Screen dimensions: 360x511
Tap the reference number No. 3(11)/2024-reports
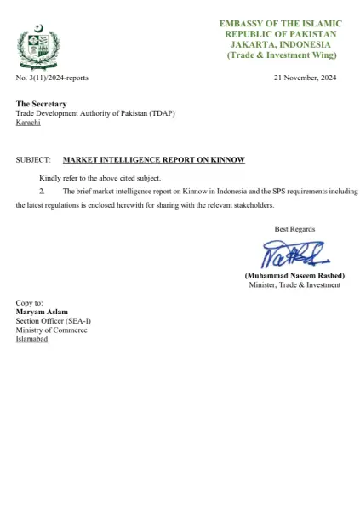tap(52, 78)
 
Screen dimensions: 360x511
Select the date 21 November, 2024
tap(306, 78)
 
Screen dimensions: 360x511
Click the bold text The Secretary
tap(41, 104)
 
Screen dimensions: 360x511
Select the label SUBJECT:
tap(33, 159)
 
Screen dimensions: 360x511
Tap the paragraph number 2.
tap(42, 192)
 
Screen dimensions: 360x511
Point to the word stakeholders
tap(253, 206)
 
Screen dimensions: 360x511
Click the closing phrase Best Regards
tap(294, 229)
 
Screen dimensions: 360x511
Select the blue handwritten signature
tap(291, 253)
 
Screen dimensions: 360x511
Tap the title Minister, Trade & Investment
tap(294, 285)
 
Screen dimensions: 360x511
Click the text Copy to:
tap(30, 303)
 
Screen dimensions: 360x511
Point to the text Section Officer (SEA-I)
tap(53, 321)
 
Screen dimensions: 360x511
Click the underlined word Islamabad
tap(32, 339)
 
